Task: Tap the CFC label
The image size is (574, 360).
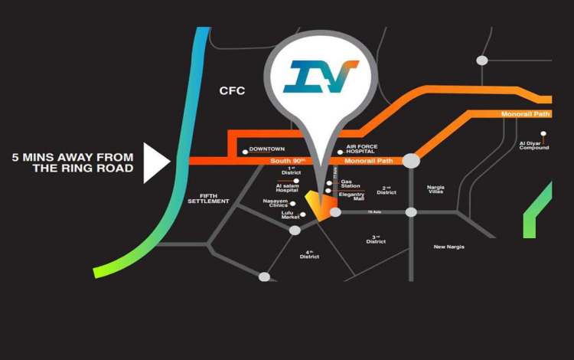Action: (x=232, y=91)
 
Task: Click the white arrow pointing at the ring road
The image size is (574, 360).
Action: (x=156, y=162)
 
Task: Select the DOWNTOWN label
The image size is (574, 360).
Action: (x=267, y=149)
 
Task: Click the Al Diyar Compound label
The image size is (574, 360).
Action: (x=534, y=145)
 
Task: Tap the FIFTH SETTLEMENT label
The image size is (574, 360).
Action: (x=208, y=198)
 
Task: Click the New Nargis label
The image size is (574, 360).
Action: (x=449, y=247)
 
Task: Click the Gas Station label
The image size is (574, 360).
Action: (x=351, y=183)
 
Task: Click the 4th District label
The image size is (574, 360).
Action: (x=309, y=255)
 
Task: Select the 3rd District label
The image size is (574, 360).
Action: (x=376, y=240)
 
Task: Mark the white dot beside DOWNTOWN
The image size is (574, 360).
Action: (x=245, y=152)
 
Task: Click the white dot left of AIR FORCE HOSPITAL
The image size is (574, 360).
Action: (x=339, y=152)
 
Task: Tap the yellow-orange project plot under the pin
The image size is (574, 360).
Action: (x=321, y=207)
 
